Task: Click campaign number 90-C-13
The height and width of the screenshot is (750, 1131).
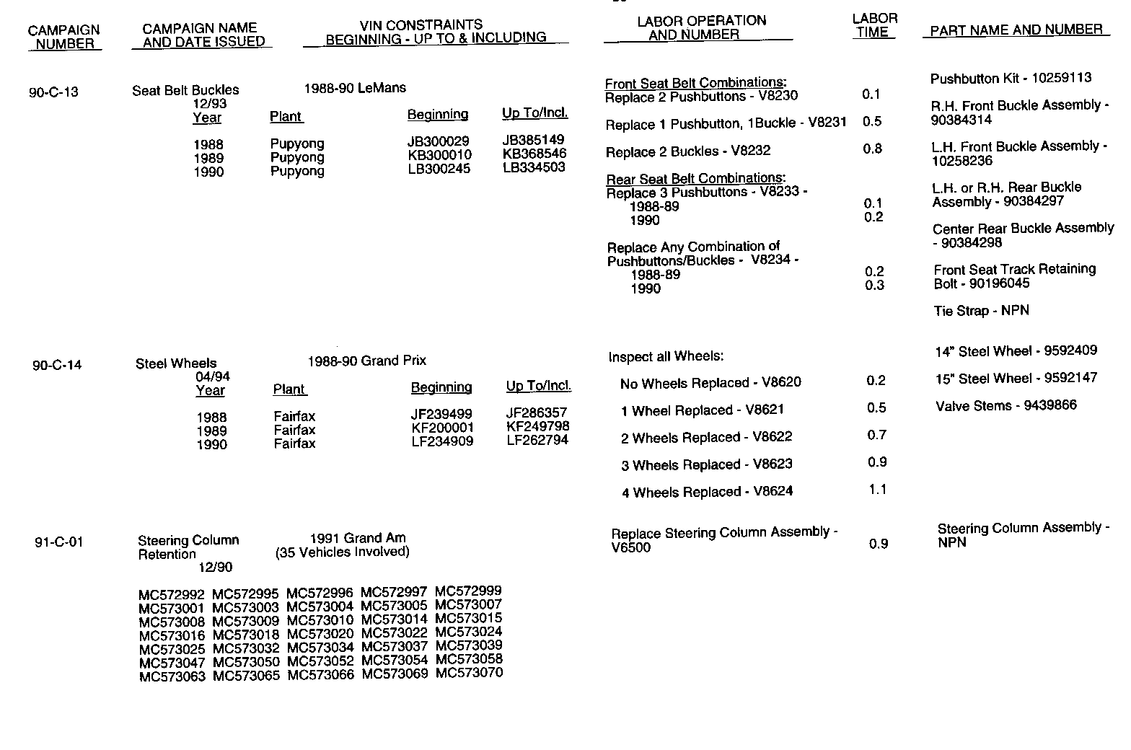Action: pos(53,92)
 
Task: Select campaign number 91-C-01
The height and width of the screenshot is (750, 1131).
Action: pos(59,542)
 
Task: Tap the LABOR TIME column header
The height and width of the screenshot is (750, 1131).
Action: pos(874,25)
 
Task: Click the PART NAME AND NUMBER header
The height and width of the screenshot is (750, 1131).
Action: pos(1016,30)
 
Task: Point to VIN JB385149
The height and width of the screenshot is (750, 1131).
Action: pos(533,140)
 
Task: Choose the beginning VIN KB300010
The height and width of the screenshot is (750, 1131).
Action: pos(439,155)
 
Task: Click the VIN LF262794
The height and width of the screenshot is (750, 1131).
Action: pos(537,440)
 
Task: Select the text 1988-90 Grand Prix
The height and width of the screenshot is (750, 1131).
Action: pos(366,361)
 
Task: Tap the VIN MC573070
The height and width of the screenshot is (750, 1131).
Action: pos(469,673)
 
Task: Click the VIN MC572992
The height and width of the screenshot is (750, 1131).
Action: pos(172,595)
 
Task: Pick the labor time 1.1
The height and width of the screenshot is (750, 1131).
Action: pos(877,490)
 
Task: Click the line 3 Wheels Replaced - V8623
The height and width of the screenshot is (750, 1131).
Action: pos(706,465)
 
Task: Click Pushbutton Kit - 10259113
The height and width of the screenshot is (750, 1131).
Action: pos(1011,78)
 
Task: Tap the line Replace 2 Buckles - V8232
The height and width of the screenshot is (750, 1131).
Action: pos(688,151)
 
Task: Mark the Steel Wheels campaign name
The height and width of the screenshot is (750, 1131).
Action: pos(176,364)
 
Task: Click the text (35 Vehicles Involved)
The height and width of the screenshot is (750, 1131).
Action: pos(342,552)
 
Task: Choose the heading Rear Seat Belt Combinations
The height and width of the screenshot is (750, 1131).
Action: pos(695,179)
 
